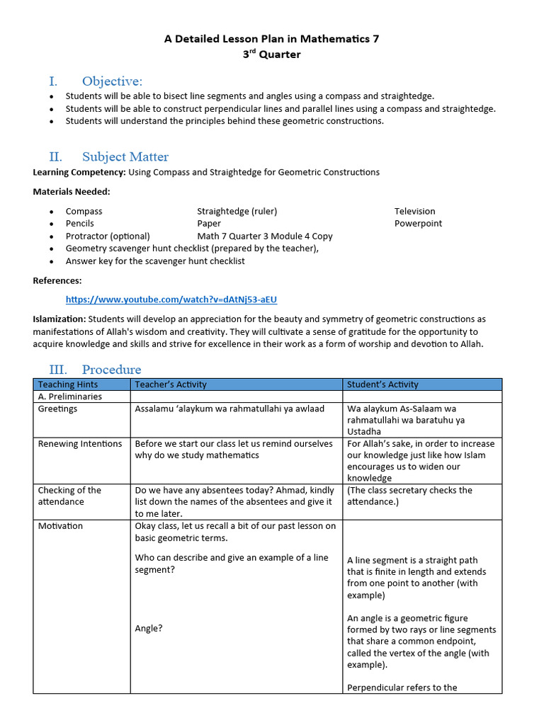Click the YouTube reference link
pos(171,299)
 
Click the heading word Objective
pos(112,81)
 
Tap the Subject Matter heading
pos(125,156)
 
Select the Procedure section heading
pos(111,369)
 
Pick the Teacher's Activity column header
pos(171,384)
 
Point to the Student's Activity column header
pos(382,384)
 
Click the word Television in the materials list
pos(415,211)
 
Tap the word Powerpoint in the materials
pos(418,223)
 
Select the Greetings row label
pos(58,409)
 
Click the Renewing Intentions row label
pos(80,444)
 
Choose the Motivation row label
pos(60,526)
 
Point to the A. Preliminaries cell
pos(70,396)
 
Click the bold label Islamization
pos(59,319)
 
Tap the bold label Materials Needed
pos(72,191)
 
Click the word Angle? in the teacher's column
pos(149,628)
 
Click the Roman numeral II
pos(55,156)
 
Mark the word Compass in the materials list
pos(84,211)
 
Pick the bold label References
pos(57,280)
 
